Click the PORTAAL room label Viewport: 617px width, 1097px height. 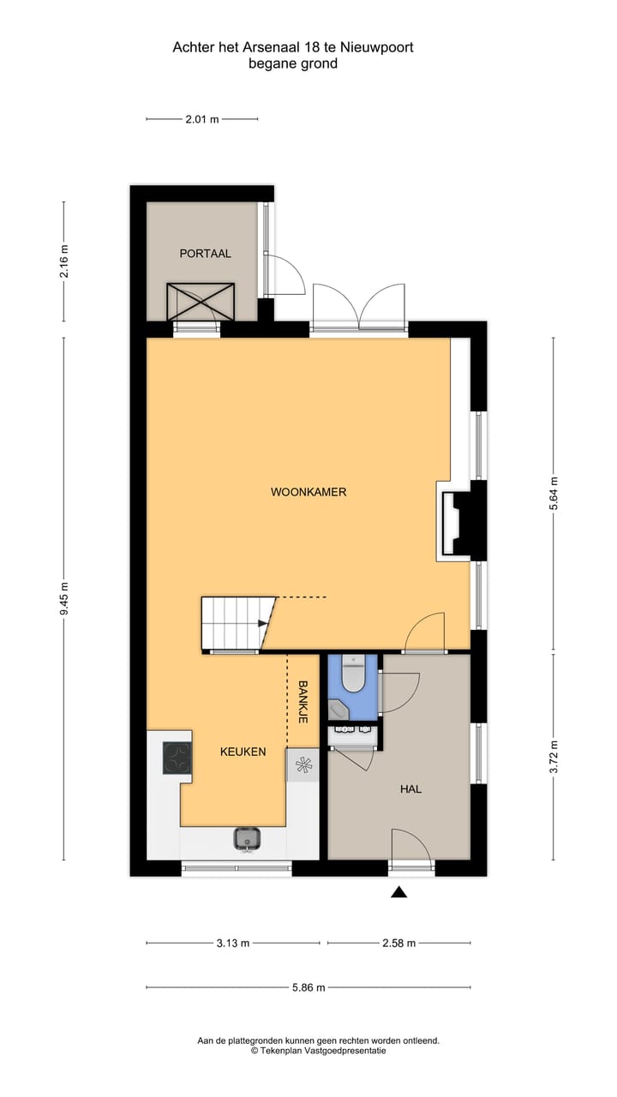(205, 254)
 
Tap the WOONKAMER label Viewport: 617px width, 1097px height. (308, 492)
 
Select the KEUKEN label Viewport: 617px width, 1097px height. (243, 752)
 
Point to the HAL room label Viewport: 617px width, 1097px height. (410, 788)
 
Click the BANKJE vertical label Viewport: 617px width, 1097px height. (303, 703)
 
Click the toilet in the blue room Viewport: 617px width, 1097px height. (352, 674)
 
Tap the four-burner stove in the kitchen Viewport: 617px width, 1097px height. (177, 757)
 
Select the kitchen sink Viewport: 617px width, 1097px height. (247, 838)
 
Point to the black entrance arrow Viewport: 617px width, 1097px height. (398, 893)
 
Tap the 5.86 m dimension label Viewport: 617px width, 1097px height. (308, 987)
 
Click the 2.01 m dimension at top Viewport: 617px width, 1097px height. (201, 119)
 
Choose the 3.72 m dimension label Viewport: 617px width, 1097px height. (554, 756)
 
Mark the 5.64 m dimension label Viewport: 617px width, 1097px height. (554, 494)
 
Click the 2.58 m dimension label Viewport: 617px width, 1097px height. (398, 943)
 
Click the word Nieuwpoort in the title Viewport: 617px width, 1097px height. (375, 48)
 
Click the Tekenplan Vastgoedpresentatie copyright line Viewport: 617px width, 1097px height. (319, 1050)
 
